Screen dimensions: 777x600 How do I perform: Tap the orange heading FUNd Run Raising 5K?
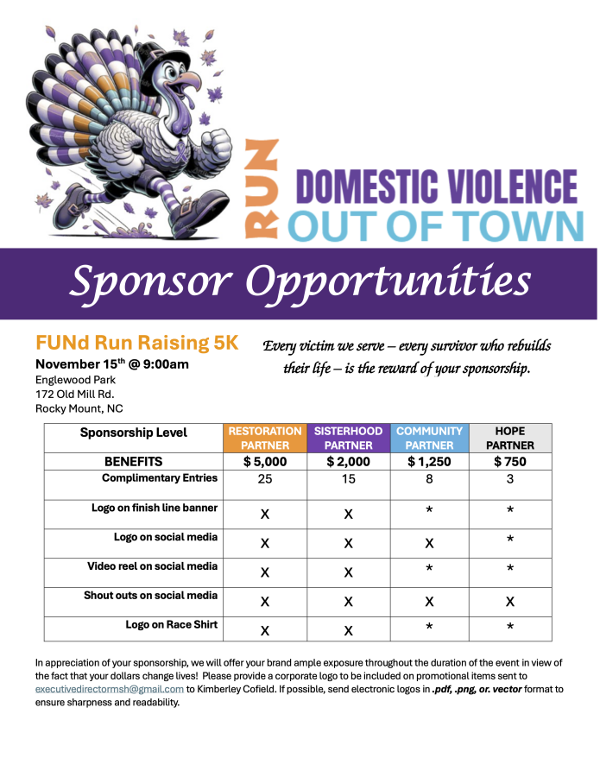coord(136,343)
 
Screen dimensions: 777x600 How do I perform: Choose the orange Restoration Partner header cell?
coord(264,438)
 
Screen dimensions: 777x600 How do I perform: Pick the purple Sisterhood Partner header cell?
coord(349,438)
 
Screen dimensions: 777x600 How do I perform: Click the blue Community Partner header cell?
coord(429,438)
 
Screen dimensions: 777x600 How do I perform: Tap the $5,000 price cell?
coord(264,462)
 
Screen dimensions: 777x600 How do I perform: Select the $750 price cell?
coord(509,462)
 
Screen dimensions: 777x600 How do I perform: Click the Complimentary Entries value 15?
coord(349,479)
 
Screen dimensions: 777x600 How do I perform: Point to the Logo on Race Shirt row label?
coord(171,624)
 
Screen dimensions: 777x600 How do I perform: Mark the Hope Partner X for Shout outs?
coord(509,601)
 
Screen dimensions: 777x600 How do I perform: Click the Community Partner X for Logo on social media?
coord(429,543)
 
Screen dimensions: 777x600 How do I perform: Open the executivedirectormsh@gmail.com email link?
coord(110,688)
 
